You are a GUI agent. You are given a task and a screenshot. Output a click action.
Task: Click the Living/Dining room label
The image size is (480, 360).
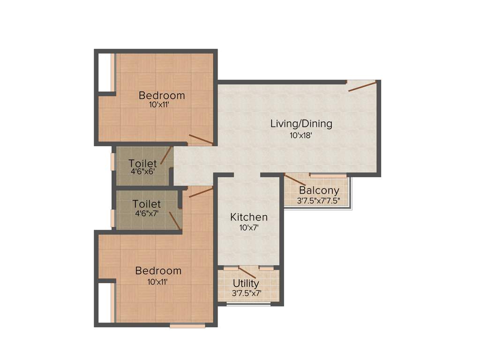[301, 124]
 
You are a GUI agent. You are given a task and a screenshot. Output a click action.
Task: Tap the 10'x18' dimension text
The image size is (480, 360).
[301, 136]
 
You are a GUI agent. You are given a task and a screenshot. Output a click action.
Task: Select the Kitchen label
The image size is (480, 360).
[249, 217]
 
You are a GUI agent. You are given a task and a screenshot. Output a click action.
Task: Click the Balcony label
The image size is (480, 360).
[319, 191]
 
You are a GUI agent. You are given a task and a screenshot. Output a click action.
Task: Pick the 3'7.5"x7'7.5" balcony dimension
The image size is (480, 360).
[318, 201]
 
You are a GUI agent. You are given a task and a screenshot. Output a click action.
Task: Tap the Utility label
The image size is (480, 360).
[246, 284]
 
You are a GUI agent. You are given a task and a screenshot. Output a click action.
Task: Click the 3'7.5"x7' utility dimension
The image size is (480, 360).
[246, 293]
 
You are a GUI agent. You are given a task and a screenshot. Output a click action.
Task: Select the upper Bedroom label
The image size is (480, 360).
[162, 96]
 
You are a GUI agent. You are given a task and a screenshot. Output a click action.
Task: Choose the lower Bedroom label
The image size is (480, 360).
[158, 271]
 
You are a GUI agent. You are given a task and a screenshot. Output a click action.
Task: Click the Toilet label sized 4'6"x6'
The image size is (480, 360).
[142, 164]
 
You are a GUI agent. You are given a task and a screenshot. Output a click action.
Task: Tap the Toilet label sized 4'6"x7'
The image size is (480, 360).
[146, 204]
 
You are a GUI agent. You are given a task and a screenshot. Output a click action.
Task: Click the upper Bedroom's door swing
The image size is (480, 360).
[201, 140]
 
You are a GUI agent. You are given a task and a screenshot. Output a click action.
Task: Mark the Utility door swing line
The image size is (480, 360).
[247, 272]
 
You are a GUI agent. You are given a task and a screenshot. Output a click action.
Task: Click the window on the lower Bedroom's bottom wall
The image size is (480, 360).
[187, 325]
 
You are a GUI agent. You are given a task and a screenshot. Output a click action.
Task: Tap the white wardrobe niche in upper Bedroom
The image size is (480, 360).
[105, 72]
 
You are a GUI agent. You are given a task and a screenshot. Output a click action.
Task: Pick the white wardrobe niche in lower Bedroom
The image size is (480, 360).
[105, 302]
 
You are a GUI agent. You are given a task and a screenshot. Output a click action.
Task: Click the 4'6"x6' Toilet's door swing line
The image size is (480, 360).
[165, 156]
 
